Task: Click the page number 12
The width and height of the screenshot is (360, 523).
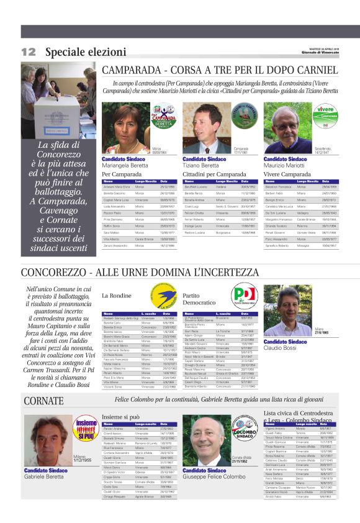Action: coord(29,52)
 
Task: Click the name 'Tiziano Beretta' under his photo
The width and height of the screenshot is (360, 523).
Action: coord(201,166)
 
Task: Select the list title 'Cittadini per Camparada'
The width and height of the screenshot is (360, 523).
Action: coord(214,175)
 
